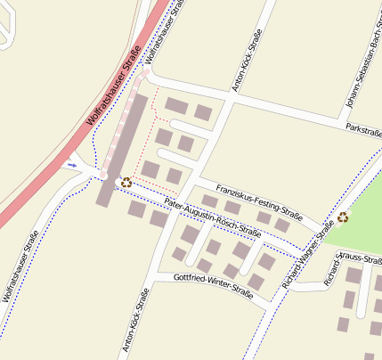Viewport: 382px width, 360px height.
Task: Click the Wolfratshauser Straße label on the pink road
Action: (113, 85)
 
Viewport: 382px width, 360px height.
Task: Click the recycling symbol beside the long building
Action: (126, 182)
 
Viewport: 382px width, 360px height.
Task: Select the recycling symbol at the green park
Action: (343, 217)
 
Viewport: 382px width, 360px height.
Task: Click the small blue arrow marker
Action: (72, 164)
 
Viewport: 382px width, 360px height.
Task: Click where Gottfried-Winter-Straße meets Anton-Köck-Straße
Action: (153, 277)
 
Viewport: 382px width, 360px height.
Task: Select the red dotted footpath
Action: (154, 100)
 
